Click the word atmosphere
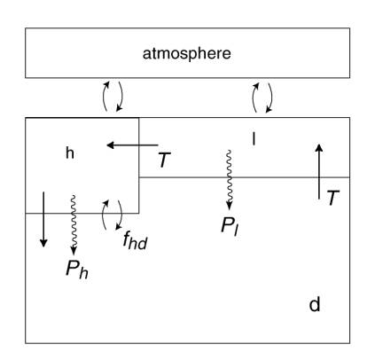point(187,54)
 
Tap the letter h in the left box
point(70,153)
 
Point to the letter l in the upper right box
point(254,139)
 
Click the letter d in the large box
point(315,304)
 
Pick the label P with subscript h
point(77,269)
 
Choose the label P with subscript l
point(230,226)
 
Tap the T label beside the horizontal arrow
point(164,160)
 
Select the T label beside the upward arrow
point(333,198)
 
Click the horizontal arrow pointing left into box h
point(132,145)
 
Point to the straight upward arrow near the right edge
point(319,171)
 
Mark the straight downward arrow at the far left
point(43,219)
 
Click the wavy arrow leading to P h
point(74,224)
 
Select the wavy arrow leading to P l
point(229,180)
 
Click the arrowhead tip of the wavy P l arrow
point(229,210)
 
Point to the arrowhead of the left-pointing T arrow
point(107,145)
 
